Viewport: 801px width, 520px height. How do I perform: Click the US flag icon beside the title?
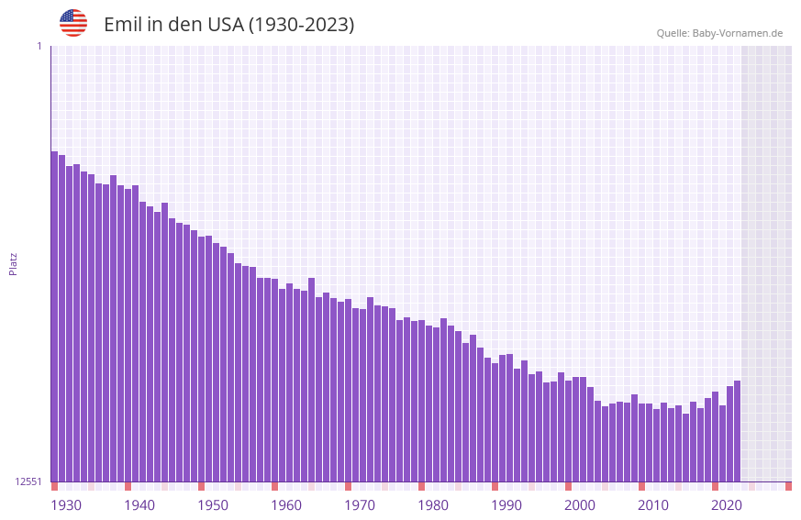click(73, 23)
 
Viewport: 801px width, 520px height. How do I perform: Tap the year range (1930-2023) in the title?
click(301, 25)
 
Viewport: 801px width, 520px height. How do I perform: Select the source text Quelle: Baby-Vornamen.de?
click(719, 33)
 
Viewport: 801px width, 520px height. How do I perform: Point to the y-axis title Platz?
click(13, 263)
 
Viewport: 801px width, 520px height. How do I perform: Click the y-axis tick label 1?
click(39, 46)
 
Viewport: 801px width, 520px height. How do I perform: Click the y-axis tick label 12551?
click(28, 481)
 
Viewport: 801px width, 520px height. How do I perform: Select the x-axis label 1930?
click(66, 505)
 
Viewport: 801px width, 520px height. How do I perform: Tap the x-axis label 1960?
click(286, 505)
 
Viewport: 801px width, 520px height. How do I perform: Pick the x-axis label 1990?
click(506, 505)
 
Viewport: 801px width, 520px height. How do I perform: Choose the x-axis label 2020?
click(727, 505)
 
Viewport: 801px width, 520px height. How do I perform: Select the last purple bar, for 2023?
click(737, 431)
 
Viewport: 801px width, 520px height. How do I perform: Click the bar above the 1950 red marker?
click(201, 359)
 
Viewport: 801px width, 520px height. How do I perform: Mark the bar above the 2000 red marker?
click(568, 431)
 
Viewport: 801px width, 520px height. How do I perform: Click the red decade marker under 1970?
click(348, 486)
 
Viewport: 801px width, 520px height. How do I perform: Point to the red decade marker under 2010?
click(641, 486)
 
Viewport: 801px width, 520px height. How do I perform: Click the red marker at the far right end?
click(788, 486)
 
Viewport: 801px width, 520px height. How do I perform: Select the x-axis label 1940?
click(139, 505)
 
